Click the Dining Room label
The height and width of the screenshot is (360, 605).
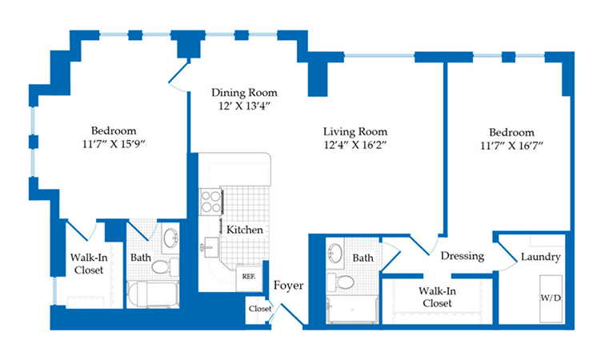(x=244, y=93)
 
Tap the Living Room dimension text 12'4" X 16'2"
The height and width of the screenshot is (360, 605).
(x=355, y=145)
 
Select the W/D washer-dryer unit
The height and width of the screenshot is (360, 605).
(x=551, y=298)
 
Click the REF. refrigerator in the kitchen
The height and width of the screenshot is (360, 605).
(x=248, y=278)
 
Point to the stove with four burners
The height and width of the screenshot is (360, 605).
(x=211, y=202)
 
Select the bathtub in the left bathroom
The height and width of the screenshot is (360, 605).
(x=153, y=294)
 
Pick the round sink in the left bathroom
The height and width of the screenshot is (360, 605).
(x=170, y=238)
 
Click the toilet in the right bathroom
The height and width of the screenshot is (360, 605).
(x=341, y=282)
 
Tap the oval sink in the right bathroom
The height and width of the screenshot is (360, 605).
(x=335, y=253)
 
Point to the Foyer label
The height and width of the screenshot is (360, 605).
(x=289, y=286)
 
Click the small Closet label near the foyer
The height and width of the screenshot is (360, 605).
(x=259, y=308)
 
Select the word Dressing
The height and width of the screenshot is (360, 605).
(x=463, y=256)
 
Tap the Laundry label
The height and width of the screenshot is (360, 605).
(x=540, y=257)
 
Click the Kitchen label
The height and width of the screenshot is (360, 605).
(x=245, y=230)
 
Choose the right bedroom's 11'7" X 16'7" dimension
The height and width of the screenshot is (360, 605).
(x=511, y=146)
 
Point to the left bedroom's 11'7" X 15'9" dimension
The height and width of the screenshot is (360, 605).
(x=114, y=144)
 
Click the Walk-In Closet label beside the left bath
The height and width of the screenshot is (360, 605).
(x=89, y=263)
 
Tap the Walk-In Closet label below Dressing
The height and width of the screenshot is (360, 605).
(x=437, y=297)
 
